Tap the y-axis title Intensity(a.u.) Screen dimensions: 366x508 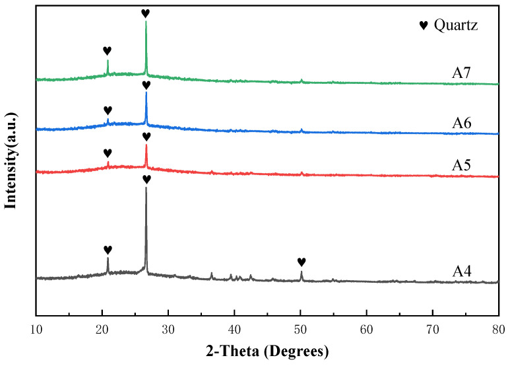pyautogui.click(x=11, y=161)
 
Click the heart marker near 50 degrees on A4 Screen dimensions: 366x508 pyautogui.click(x=302, y=262)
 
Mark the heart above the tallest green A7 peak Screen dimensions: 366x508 pyautogui.click(x=146, y=13)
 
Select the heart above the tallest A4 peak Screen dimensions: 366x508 pyautogui.click(x=146, y=179)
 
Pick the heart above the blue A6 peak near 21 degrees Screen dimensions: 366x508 pyautogui.click(x=108, y=110)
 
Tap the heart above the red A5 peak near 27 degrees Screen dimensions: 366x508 pyautogui.click(x=146, y=136)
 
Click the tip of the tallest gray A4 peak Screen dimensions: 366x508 pyautogui.click(x=146, y=188)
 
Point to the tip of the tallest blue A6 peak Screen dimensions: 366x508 pyautogui.click(x=146, y=92)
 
